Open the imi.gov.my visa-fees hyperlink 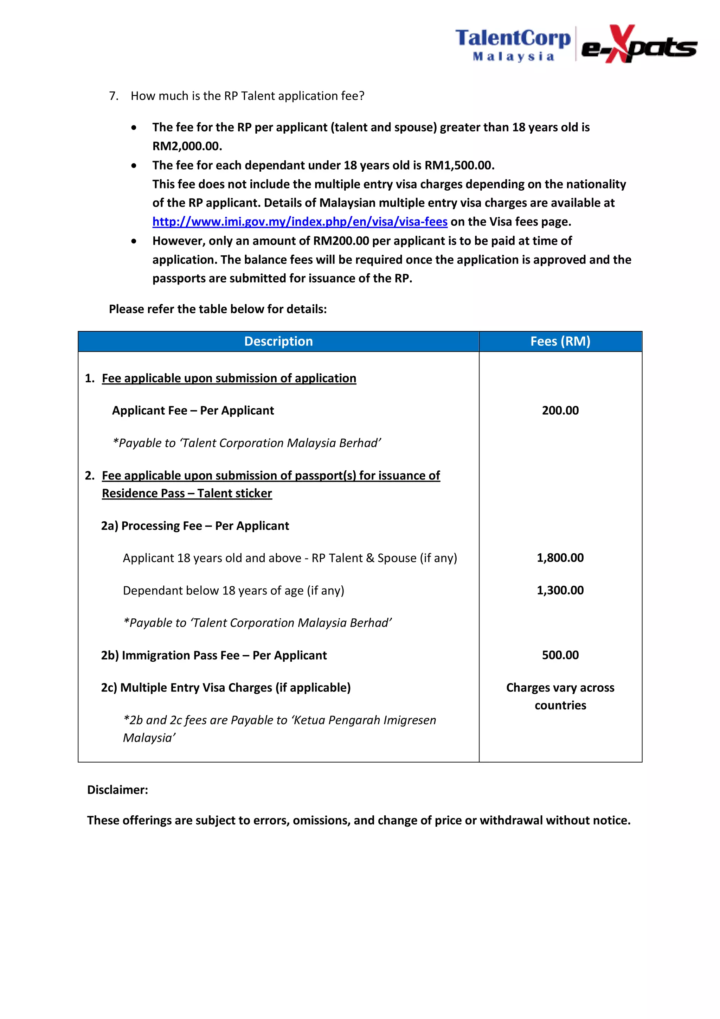point(300,222)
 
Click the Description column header point(278,341)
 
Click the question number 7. point(114,96)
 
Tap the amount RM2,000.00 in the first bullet point(187,146)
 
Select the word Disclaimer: point(117,790)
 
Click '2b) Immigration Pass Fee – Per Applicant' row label point(214,655)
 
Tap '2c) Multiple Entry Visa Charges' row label point(226,687)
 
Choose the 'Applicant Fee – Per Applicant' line point(193,410)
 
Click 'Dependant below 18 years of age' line point(233,590)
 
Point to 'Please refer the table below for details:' point(218,309)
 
